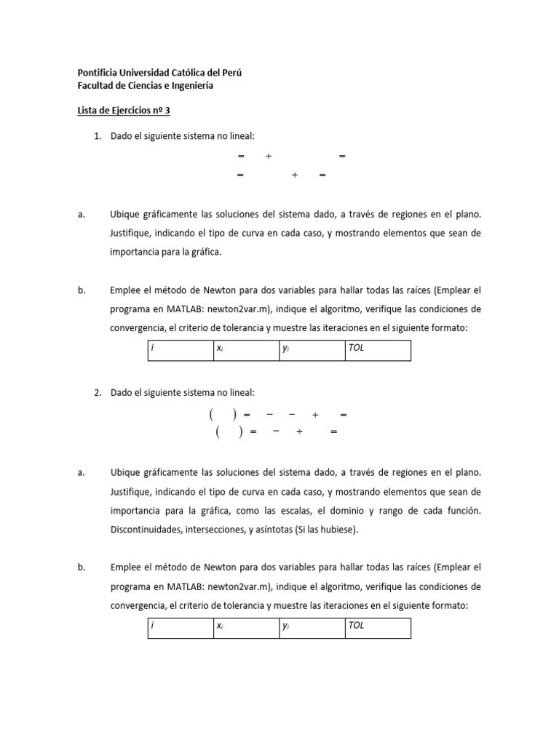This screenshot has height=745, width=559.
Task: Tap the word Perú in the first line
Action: [x=229, y=73]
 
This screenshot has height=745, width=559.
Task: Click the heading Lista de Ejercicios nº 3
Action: [x=123, y=111]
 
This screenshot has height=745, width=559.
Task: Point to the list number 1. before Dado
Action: [x=99, y=136]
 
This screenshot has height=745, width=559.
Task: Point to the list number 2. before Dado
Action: [x=99, y=392]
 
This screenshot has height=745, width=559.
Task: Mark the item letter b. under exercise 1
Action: [x=81, y=290]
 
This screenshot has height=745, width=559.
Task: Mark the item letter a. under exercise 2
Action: [x=81, y=472]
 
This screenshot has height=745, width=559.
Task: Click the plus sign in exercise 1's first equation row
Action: [x=269, y=156]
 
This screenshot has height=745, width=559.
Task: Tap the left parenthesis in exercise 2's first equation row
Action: [x=211, y=415]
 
